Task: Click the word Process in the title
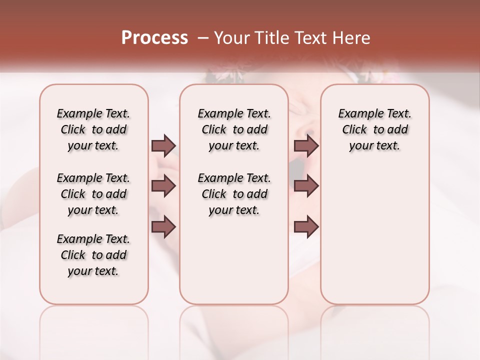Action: click(x=154, y=38)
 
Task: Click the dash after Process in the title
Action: click(x=202, y=38)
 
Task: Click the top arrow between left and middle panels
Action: click(x=163, y=145)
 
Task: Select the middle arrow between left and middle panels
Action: click(x=163, y=186)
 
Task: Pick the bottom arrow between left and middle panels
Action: click(x=163, y=226)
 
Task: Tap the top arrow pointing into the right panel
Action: click(x=306, y=145)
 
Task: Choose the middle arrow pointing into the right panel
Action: click(x=306, y=186)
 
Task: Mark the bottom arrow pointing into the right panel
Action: click(x=306, y=226)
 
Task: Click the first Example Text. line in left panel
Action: click(x=93, y=113)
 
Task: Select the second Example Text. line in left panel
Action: click(x=93, y=178)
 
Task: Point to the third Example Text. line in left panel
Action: click(x=93, y=239)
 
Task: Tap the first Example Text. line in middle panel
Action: click(x=234, y=113)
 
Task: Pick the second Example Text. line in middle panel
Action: click(x=234, y=178)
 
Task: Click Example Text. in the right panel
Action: click(x=374, y=113)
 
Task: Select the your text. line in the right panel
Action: click(x=374, y=146)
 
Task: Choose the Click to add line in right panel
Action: click(x=374, y=130)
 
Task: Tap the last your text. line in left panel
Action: click(x=93, y=271)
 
